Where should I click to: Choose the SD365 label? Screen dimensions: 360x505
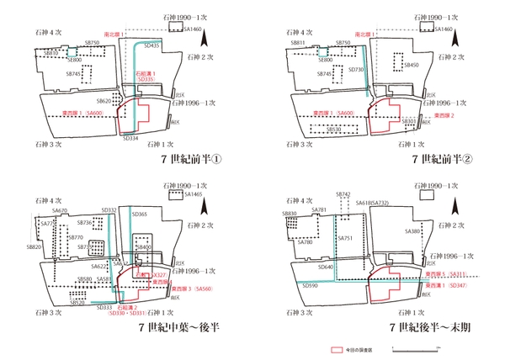tap(140, 215)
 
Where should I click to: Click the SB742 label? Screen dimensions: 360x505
tap(343, 194)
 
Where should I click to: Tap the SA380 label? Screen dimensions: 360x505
tap(412, 230)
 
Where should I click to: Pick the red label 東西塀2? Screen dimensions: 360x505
tap(440, 115)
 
